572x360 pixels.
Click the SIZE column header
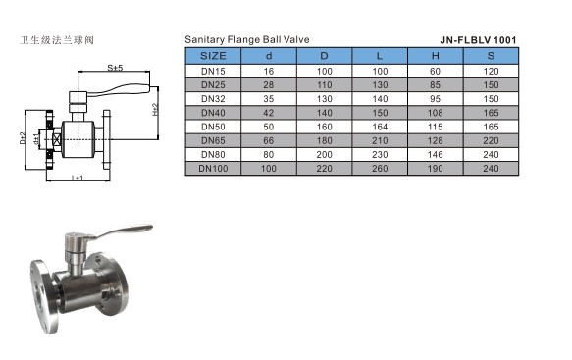pos(213,56)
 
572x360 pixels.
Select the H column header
pos(436,56)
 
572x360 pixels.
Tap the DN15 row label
pos(213,72)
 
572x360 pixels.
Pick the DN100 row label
pos(213,169)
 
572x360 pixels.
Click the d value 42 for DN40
pos(269,113)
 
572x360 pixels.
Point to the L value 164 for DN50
pos(380,127)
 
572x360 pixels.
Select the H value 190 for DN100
pos(436,169)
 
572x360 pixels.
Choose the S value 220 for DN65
pos(491,141)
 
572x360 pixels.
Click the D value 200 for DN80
pos(325,155)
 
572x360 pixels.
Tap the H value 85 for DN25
pos(436,85)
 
